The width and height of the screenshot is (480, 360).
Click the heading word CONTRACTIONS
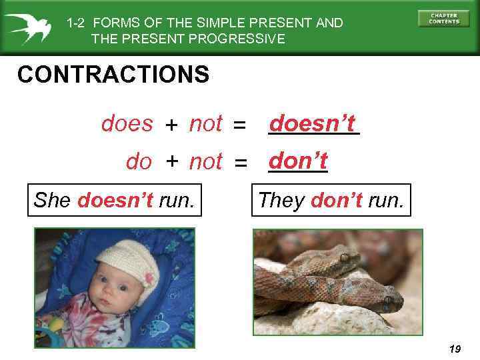tap(113, 75)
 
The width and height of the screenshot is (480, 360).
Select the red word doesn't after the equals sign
tap(313, 123)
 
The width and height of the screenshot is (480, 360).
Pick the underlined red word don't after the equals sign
tap(297, 161)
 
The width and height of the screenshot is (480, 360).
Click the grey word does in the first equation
tap(127, 124)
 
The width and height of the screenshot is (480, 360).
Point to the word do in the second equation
tap(139, 162)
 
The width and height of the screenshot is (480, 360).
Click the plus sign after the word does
tap(171, 125)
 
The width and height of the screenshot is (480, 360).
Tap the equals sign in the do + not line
tap(241, 163)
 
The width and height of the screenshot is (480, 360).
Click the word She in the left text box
tap(54, 200)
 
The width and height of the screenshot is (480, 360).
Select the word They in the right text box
tap(282, 200)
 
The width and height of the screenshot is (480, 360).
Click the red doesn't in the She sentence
tap(115, 200)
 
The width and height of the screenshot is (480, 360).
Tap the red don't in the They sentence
tap(335, 200)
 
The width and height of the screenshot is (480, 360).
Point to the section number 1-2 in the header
tap(77, 23)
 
